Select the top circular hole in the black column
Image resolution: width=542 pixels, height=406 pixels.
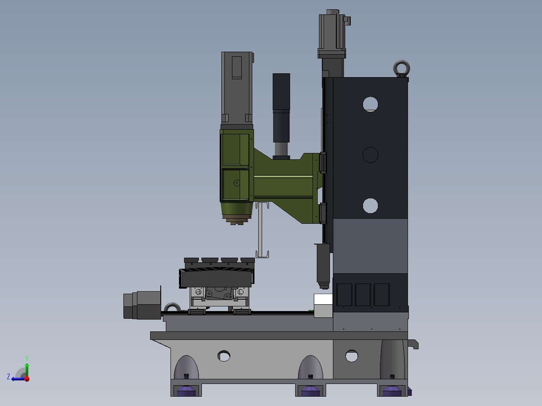370,104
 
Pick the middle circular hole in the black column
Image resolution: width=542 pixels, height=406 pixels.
370,155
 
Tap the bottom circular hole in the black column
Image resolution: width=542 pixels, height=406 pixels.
370,206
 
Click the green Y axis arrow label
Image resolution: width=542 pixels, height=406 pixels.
27,358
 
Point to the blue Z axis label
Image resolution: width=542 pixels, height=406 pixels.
8,377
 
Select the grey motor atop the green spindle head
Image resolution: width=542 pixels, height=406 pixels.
237,90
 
